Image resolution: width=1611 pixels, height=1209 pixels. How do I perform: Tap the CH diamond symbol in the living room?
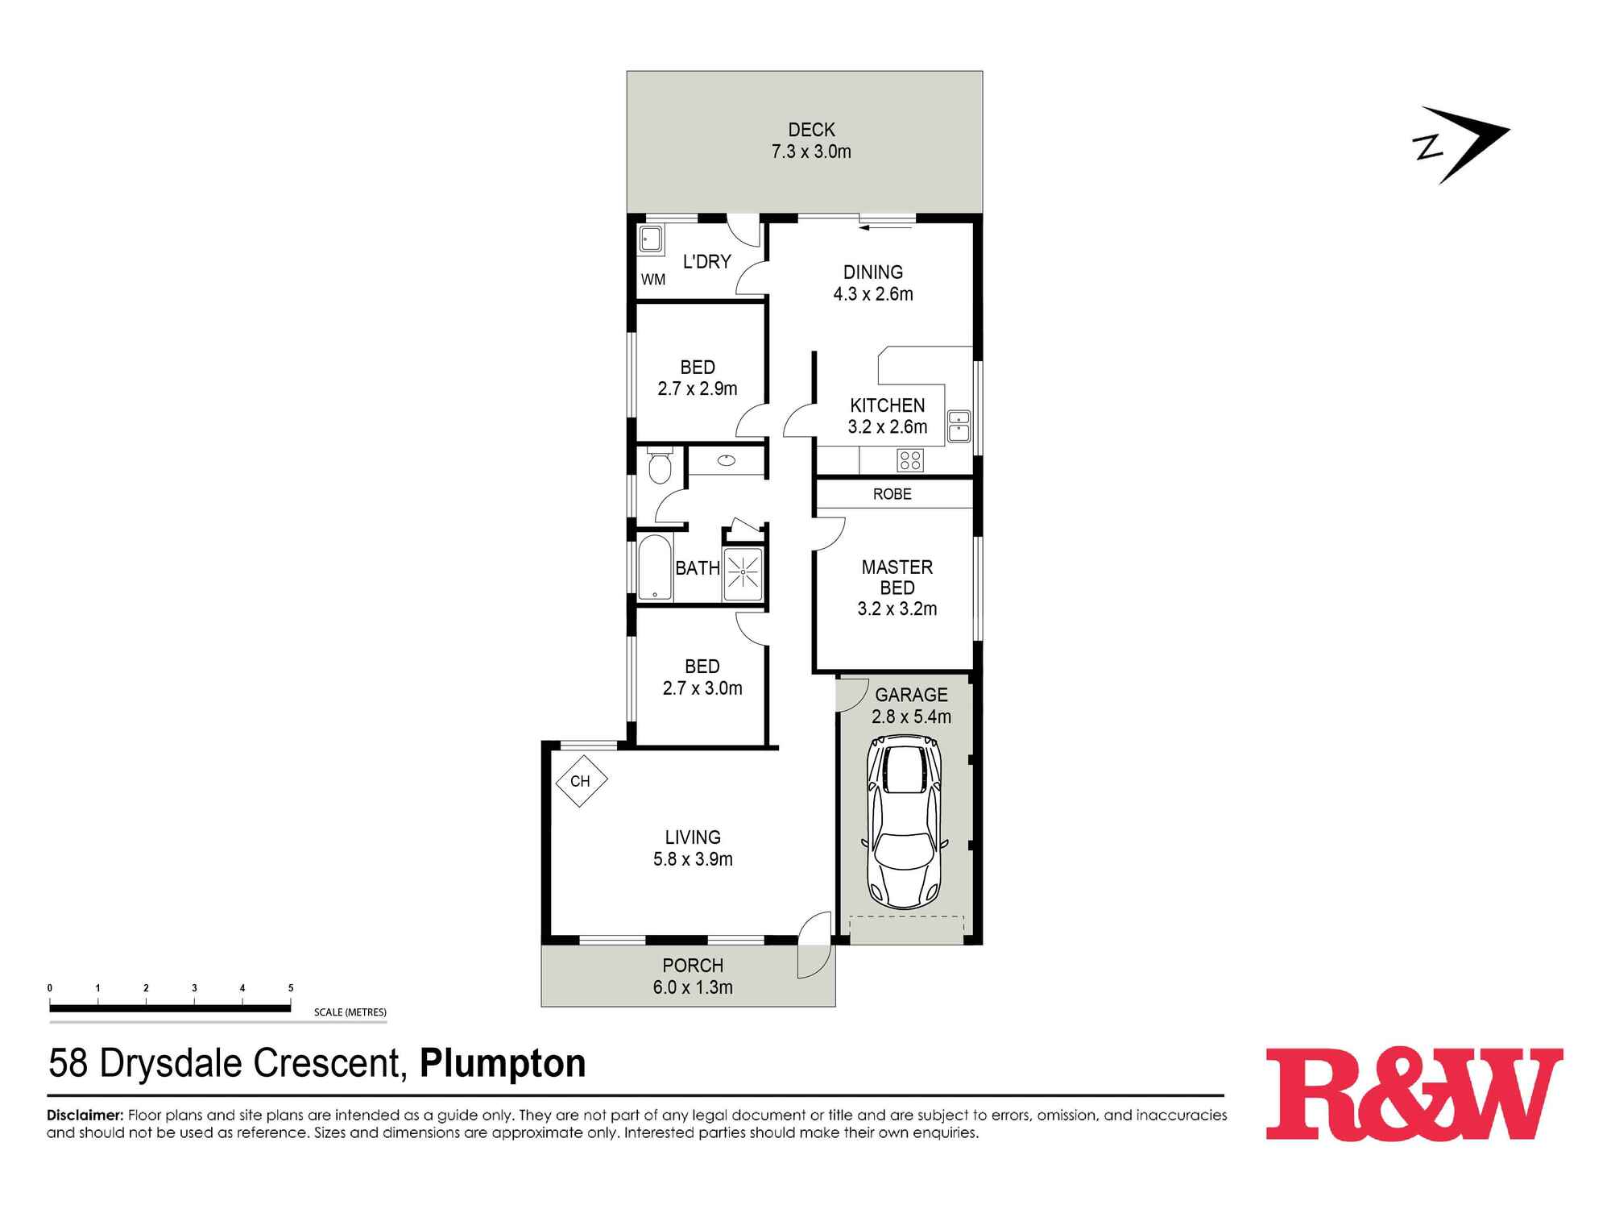click(580, 780)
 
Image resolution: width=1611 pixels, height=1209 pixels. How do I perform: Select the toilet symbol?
click(659, 467)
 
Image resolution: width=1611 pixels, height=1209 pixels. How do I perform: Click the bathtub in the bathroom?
click(655, 568)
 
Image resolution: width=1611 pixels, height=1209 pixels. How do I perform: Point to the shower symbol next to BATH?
click(742, 573)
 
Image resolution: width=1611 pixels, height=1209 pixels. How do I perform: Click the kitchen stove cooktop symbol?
click(910, 461)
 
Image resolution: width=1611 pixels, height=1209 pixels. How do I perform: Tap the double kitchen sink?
click(959, 426)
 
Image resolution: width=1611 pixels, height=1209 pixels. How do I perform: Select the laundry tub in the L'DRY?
click(650, 240)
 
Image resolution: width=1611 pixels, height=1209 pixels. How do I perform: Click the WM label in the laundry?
click(653, 280)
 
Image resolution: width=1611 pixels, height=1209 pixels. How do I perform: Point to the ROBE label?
click(892, 494)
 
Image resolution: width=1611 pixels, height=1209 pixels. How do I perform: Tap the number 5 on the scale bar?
click(291, 987)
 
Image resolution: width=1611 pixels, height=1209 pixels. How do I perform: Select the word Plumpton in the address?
click(503, 1063)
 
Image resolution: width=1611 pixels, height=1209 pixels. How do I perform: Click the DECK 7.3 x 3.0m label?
click(811, 140)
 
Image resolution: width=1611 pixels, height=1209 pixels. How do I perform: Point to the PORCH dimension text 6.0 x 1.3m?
click(693, 987)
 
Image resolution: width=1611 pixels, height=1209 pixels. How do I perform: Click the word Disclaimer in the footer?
click(85, 1116)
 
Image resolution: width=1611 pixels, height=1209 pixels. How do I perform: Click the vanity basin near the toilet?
click(727, 460)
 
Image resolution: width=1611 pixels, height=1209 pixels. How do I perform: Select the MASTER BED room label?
click(897, 577)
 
